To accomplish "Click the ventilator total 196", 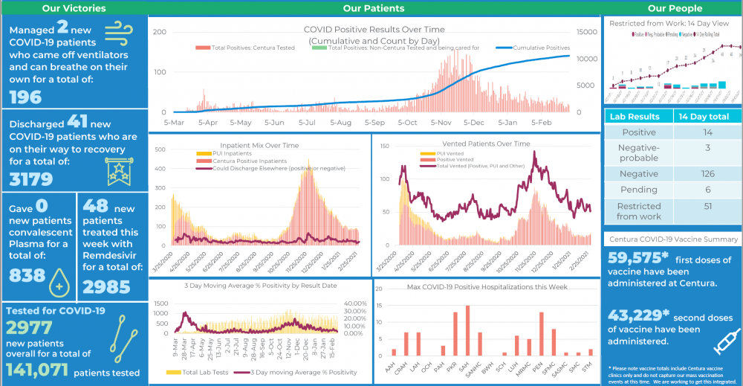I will pyautogui.click(x=26, y=97).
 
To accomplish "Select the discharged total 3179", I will pyautogui.click(x=30, y=179).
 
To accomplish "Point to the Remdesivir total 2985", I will pyautogui.click(x=107, y=286).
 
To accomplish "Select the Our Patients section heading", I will pyautogui.click(x=374, y=8).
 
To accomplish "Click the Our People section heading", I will pyautogui.click(x=675, y=8).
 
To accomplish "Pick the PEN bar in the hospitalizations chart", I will pyautogui.click(x=541, y=335).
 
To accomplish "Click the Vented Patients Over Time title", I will pyautogui.click(x=486, y=144).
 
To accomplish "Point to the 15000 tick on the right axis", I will pyautogui.click(x=587, y=32).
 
